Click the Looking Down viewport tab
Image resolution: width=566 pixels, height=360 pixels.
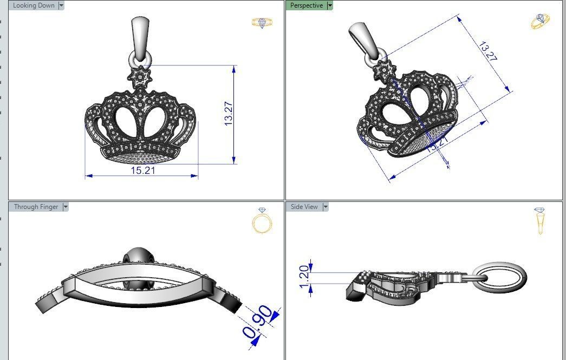coord(33,5)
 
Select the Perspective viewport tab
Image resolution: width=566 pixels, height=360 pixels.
coord(306,5)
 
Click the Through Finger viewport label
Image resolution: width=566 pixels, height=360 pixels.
coord(36,207)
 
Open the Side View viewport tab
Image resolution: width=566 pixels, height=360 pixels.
coord(304,207)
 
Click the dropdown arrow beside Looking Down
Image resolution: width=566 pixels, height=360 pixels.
coord(61,5)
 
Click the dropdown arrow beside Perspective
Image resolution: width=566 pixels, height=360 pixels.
coord(330,5)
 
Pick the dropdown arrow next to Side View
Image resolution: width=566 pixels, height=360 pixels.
coord(325,207)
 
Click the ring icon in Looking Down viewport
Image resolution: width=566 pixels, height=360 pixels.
coord(262,23)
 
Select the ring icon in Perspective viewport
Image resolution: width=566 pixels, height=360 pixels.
coord(539,22)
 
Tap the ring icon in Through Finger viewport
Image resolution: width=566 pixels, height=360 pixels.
coord(262,221)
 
